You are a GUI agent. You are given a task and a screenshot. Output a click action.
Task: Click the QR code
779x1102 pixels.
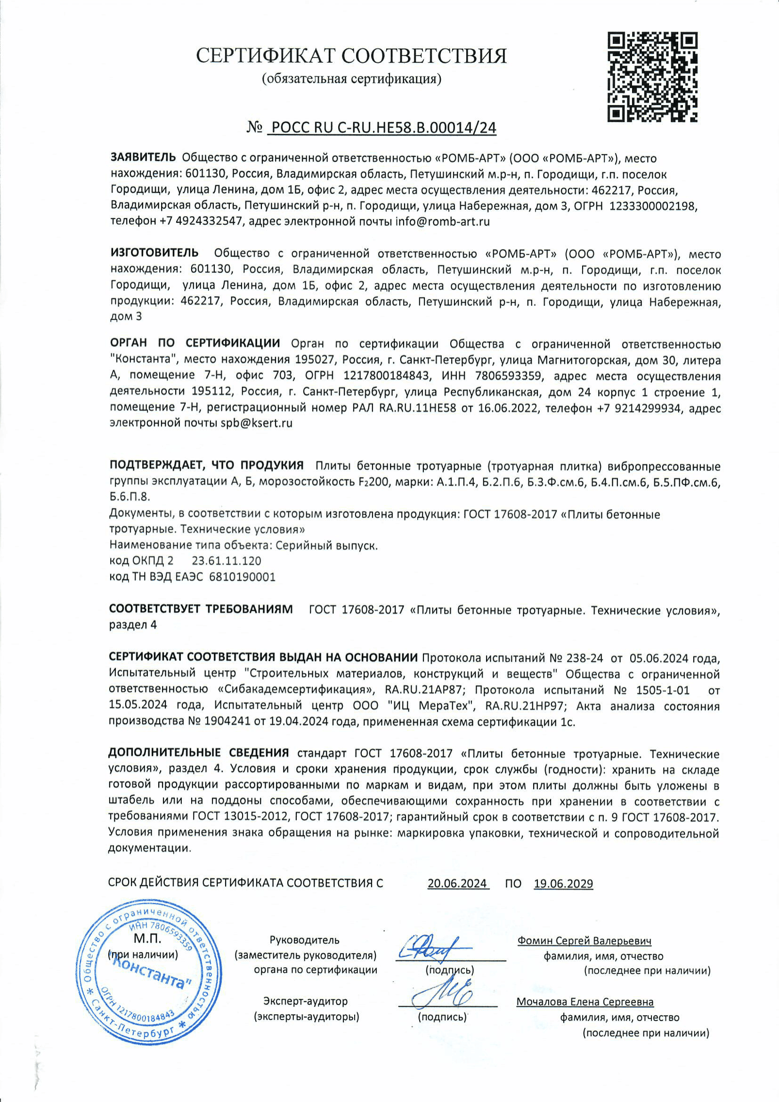pos(652,77)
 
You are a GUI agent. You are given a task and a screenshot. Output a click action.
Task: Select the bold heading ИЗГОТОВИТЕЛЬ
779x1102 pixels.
pos(154,253)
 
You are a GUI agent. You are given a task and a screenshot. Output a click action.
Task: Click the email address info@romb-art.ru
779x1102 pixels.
pos(442,222)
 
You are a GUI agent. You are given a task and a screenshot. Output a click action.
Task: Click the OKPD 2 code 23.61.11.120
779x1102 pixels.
pos(227,560)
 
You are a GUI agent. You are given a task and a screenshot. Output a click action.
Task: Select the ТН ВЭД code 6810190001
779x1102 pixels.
pos(242,576)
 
